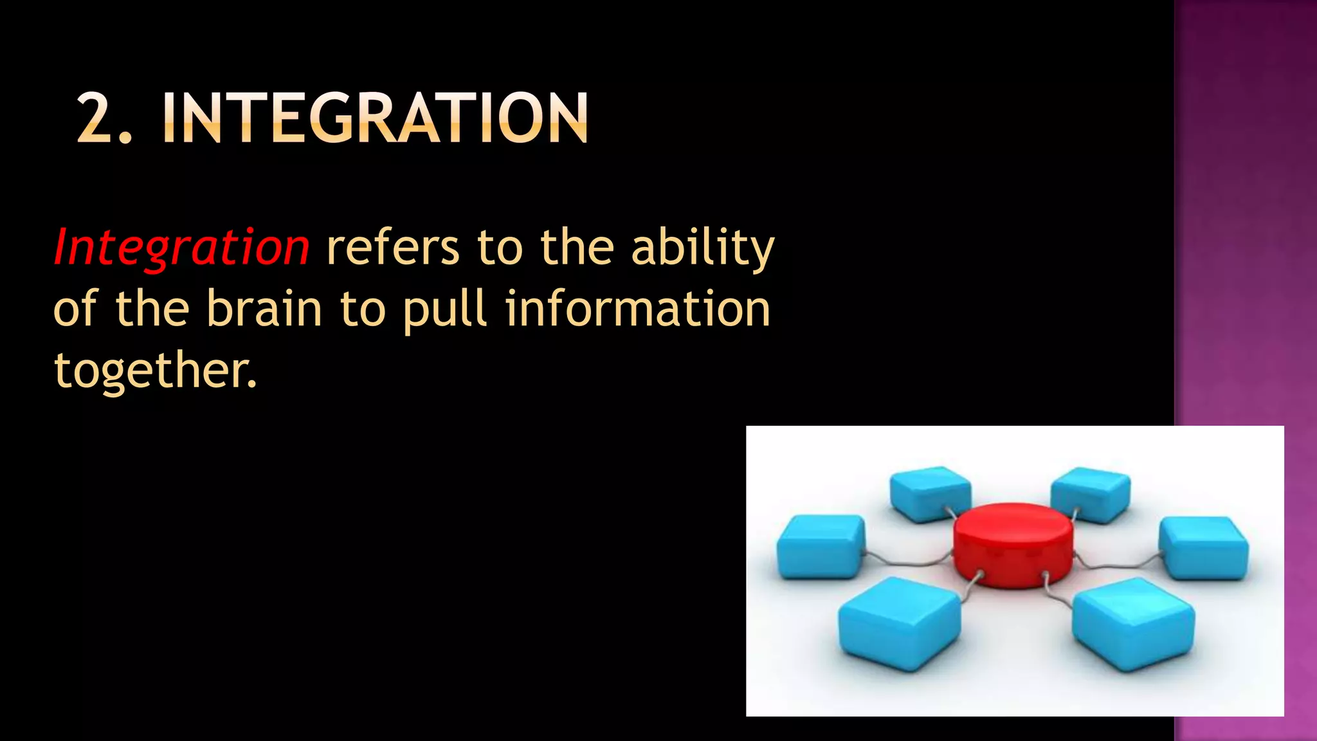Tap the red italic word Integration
coord(181,248)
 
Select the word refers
coord(393,248)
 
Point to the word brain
coord(264,309)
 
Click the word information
coord(638,309)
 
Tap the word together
coord(154,371)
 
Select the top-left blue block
coord(931,492)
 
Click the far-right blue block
coord(1204,548)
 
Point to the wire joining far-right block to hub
coord(1119,565)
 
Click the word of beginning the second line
coord(75,309)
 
